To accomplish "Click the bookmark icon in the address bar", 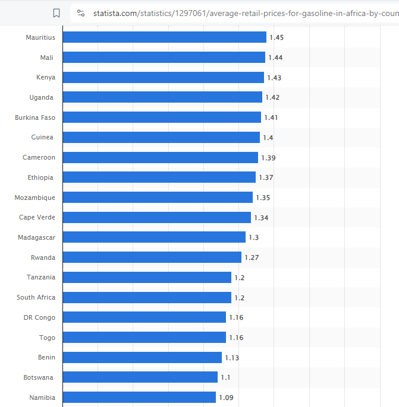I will (x=56, y=13).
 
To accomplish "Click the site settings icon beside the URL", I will (x=81, y=13).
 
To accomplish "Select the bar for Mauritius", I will (x=164, y=37).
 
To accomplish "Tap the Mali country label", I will (x=46, y=58).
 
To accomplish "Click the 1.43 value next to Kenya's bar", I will (x=274, y=78).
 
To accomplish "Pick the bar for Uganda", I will (x=162, y=97).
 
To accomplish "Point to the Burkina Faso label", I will (x=35, y=117).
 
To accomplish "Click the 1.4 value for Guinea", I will (x=268, y=138).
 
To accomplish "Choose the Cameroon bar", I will (x=160, y=157).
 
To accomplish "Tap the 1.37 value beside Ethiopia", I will (x=265, y=177).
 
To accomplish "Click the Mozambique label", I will (x=35, y=198).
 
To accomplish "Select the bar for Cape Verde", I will (x=156, y=218).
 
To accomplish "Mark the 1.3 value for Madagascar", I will (x=254, y=237).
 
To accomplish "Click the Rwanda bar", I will (x=152, y=257).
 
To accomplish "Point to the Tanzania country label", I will (x=41, y=277).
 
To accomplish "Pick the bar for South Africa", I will (x=147, y=297).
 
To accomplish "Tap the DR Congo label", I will (x=39, y=317).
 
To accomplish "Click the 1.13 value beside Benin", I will (x=232, y=358).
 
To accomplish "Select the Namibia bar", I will (x=139, y=398).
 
